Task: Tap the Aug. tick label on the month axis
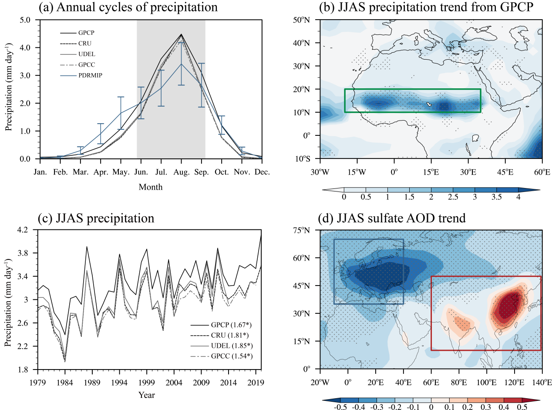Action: coord(181,172)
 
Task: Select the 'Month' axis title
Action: coord(151,187)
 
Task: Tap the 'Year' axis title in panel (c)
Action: coord(147,395)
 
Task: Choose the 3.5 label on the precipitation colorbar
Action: coord(496,197)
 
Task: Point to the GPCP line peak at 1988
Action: coord(87,247)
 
